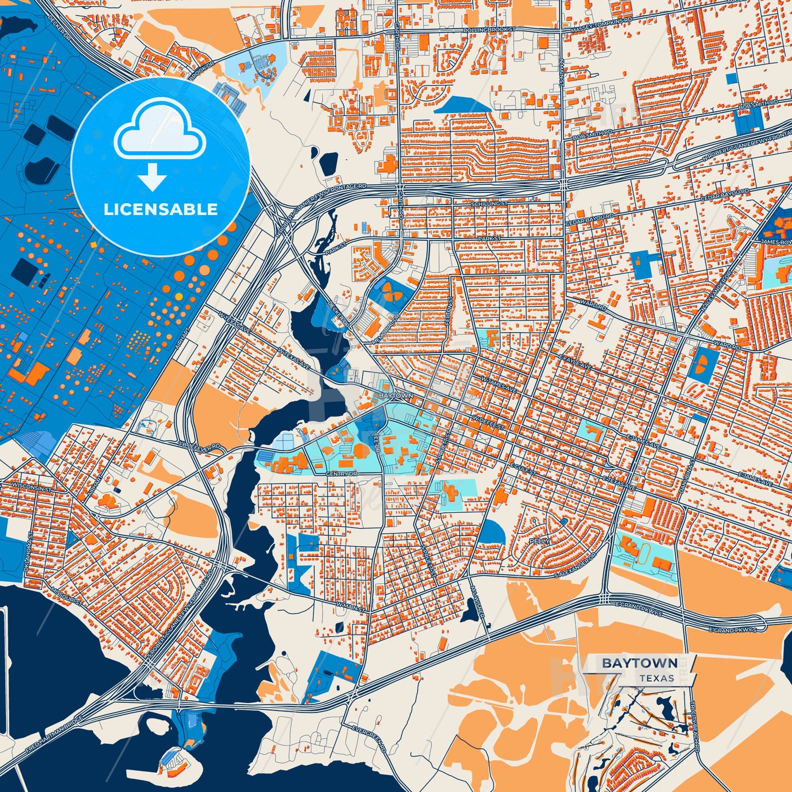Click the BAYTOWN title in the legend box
click(x=640, y=663)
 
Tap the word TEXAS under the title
click(x=657, y=678)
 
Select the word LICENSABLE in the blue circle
click(x=161, y=209)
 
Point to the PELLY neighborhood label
click(x=539, y=541)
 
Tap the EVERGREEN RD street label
click(x=370, y=740)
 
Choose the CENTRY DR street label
click(x=341, y=474)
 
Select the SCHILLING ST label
click(x=489, y=203)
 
